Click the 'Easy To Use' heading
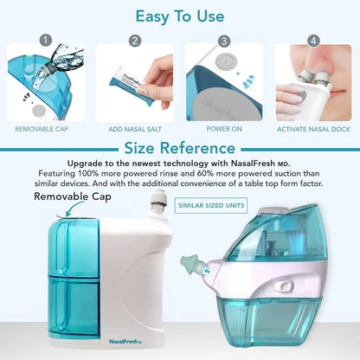(x=180, y=16)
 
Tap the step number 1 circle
(x=45, y=40)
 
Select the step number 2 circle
(x=134, y=40)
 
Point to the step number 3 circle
(x=223, y=40)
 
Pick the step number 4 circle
(x=312, y=40)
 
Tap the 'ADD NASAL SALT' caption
(x=134, y=129)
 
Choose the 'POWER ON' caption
(x=223, y=129)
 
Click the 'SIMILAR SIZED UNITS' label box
(x=210, y=205)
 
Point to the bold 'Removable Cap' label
(x=74, y=196)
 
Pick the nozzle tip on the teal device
(x=185, y=260)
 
